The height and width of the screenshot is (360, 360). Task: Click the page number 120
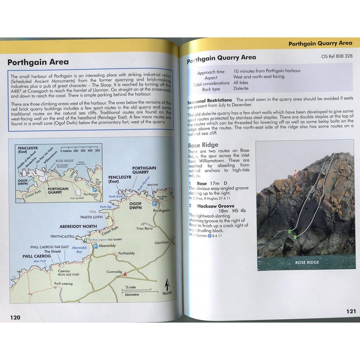click(x=15, y=317)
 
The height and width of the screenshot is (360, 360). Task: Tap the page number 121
click(x=351, y=311)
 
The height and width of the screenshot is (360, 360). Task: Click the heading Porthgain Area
click(x=38, y=62)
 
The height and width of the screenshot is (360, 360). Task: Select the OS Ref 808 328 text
click(x=337, y=56)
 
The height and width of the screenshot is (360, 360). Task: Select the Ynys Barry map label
click(x=145, y=228)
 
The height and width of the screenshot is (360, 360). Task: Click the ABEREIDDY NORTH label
click(x=78, y=226)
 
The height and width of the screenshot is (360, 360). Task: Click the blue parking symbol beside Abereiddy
click(x=95, y=246)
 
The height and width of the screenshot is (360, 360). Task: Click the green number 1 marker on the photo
click(x=289, y=232)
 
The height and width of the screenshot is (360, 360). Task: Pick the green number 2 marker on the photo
click(x=295, y=237)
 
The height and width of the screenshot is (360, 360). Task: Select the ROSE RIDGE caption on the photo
click(x=307, y=262)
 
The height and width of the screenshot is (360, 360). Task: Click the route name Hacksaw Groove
click(x=215, y=206)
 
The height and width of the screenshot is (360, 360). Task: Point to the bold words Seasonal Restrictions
click(x=210, y=100)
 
